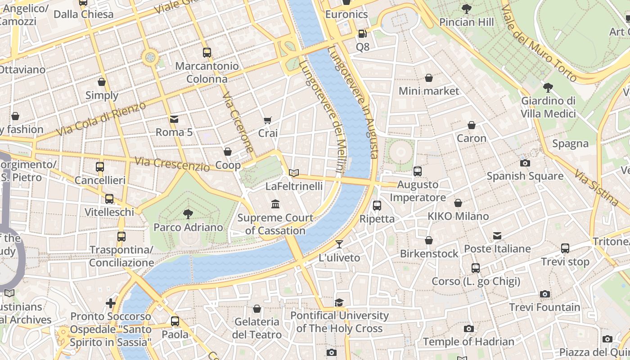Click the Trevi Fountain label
click(x=544, y=307)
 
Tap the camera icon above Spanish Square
click(x=525, y=163)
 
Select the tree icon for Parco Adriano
click(x=188, y=214)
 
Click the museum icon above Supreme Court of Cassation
click(x=275, y=205)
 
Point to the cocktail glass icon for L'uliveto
click(x=339, y=244)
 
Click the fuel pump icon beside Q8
click(x=362, y=33)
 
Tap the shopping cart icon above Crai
click(x=268, y=120)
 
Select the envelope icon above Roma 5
click(x=174, y=119)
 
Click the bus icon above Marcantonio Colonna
click(x=207, y=53)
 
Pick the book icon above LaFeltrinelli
click(x=294, y=173)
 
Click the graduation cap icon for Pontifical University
click(x=339, y=302)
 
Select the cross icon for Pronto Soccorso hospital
click(x=111, y=303)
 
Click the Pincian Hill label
click(x=466, y=22)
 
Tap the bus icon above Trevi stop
click(x=565, y=248)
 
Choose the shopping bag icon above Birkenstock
click(x=429, y=240)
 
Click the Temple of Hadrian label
click(x=468, y=342)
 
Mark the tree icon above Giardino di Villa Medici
click(x=548, y=88)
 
